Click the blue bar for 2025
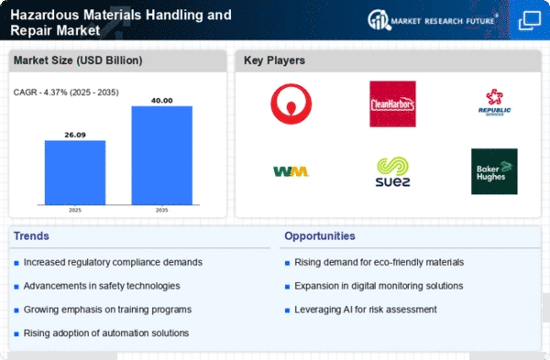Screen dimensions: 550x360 (x=75, y=172)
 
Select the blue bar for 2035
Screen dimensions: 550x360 (x=161, y=156)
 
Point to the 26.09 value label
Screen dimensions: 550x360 (x=75, y=135)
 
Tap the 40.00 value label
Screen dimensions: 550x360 (x=161, y=101)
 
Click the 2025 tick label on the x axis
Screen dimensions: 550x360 (x=75, y=210)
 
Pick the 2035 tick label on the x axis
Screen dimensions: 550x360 (x=161, y=210)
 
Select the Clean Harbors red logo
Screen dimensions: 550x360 (x=392, y=104)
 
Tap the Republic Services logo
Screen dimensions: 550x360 (x=494, y=103)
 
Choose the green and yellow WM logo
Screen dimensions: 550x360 (x=291, y=171)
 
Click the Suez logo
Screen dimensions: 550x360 (x=392, y=171)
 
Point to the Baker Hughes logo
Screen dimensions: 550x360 (x=494, y=171)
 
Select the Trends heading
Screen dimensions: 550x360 (x=31, y=236)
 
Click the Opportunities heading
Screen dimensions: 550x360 (x=320, y=236)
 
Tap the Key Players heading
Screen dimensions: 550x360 (x=274, y=60)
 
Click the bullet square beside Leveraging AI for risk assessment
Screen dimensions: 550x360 (x=287, y=311)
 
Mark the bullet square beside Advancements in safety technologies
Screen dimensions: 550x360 (x=16, y=287)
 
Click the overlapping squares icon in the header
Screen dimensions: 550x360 (x=530, y=21)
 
